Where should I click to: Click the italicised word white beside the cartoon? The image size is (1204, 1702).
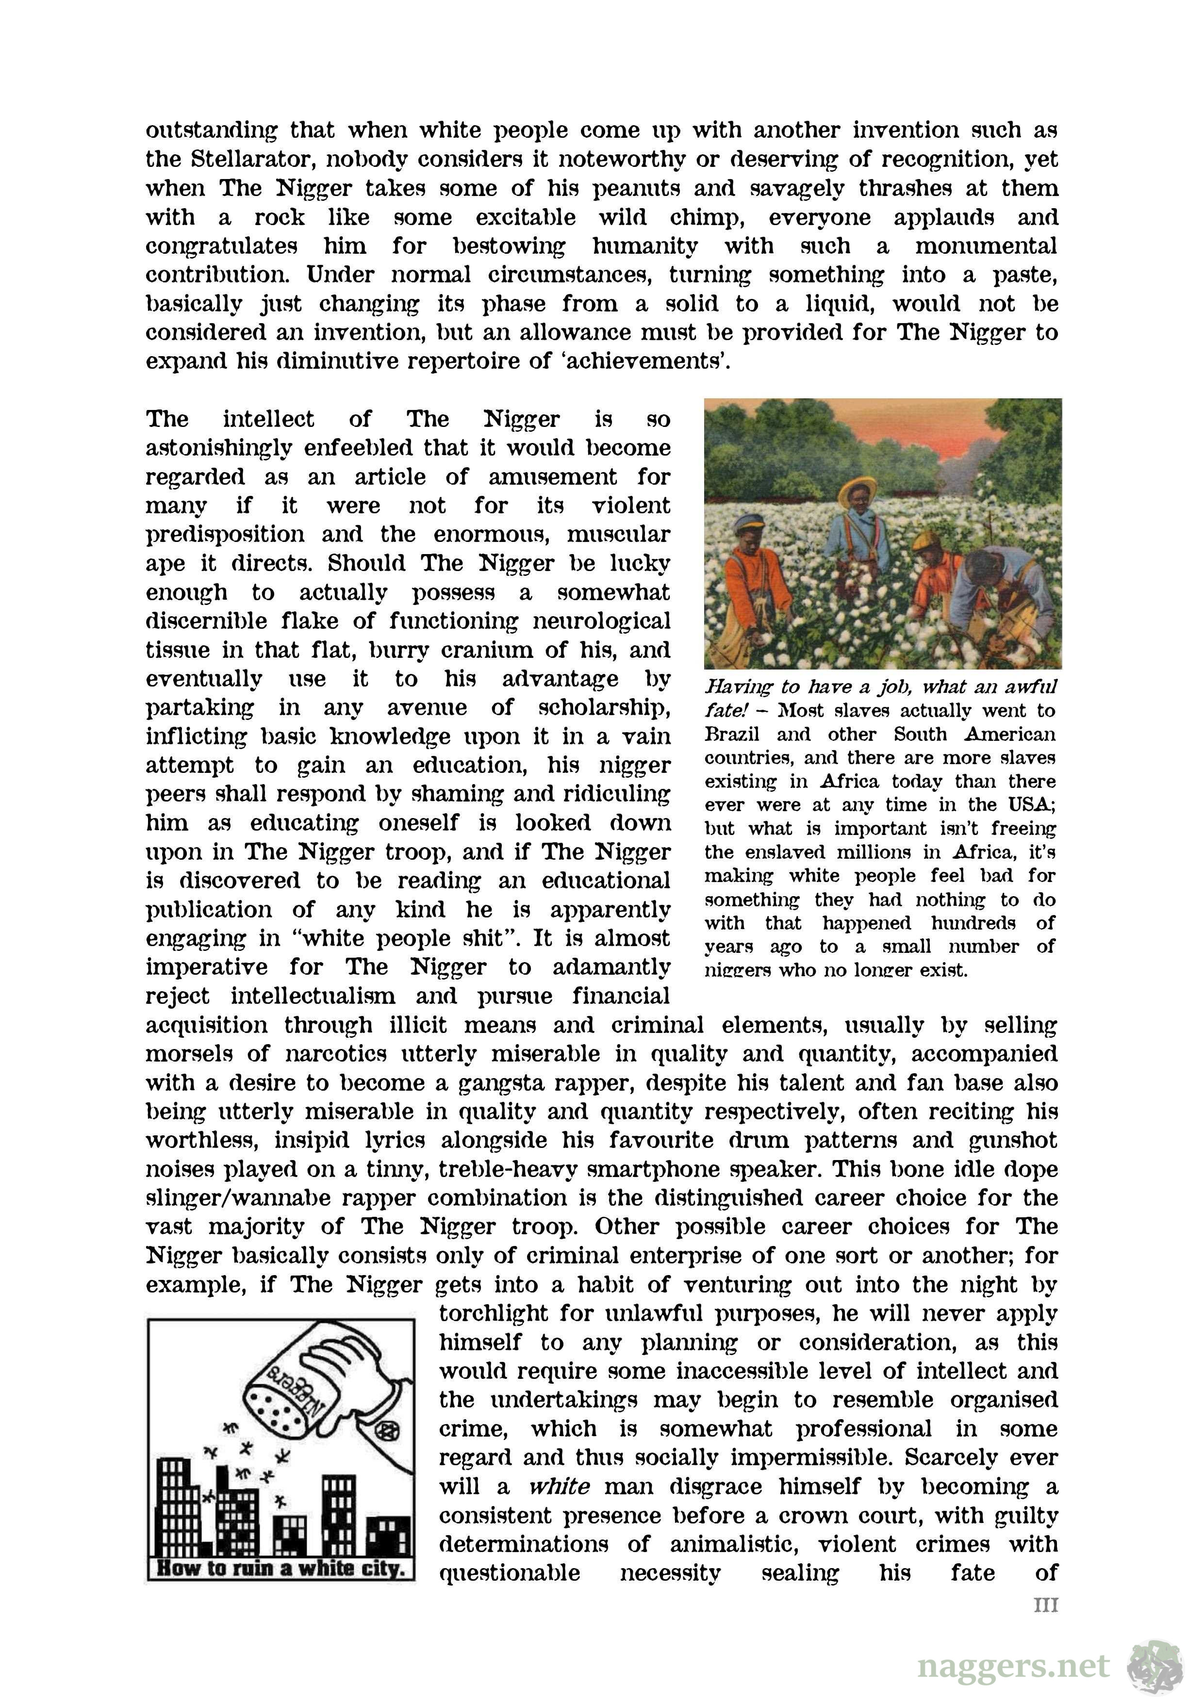point(559,1487)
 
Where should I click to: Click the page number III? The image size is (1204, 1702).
point(1045,1605)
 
